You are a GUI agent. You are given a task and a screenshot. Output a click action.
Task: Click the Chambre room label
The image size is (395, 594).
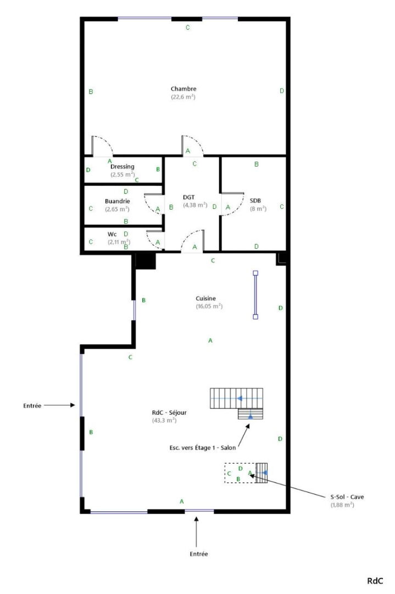pyautogui.click(x=183, y=89)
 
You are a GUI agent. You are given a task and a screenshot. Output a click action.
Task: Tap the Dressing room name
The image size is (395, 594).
pyautogui.click(x=122, y=166)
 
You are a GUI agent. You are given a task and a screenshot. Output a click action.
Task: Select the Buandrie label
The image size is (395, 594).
pyautogui.click(x=117, y=201)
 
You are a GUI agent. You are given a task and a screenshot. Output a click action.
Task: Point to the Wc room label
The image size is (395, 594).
pyautogui.click(x=112, y=234)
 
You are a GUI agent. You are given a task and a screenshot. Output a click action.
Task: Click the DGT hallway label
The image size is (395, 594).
pyautogui.click(x=189, y=197)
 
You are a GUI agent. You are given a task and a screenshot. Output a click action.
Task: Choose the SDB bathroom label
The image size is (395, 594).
pyautogui.click(x=255, y=200)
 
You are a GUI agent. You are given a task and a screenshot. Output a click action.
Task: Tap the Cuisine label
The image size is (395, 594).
pyautogui.click(x=206, y=298)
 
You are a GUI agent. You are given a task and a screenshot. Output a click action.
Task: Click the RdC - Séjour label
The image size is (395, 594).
pyautogui.click(x=169, y=413)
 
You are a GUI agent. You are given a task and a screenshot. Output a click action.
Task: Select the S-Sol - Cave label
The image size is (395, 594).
pyautogui.click(x=347, y=497)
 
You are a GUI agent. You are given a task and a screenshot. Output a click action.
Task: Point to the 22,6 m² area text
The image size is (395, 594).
pyautogui.click(x=183, y=97)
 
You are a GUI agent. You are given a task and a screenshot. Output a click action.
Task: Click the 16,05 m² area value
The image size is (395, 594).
pyautogui.click(x=209, y=306)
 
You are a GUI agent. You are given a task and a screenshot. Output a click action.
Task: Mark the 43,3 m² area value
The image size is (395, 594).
pyautogui.click(x=164, y=421)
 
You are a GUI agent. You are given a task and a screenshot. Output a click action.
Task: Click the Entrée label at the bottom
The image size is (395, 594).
pyautogui.click(x=199, y=554)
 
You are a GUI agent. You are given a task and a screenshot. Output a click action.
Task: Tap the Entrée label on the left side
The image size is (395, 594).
pyautogui.click(x=32, y=406)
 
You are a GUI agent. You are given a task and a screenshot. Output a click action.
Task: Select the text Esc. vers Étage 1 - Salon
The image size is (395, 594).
pyautogui.click(x=202, y=448)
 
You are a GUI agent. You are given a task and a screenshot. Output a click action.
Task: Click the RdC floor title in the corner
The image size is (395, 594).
pyautogui.click(x=375, y=581)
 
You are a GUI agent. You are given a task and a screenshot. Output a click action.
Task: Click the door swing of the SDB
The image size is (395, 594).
pyautogui.click(x=238, y=208)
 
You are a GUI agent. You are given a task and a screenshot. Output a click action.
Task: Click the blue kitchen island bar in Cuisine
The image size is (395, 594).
pyautogui.click(x=255, y=295)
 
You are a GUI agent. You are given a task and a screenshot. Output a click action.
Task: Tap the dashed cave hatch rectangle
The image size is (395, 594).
pyautogui.click(x=225, y=473)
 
